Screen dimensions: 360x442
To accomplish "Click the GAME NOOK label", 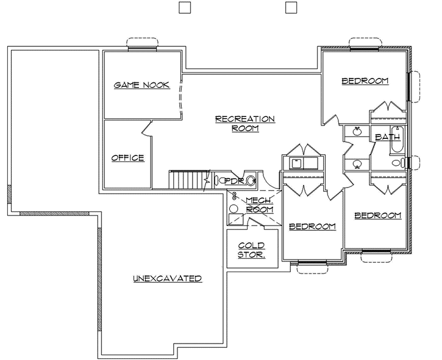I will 141,85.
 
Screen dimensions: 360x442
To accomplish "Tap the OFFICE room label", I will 127,158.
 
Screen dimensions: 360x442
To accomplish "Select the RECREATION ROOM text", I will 245,124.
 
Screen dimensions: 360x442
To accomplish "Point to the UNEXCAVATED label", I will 168,278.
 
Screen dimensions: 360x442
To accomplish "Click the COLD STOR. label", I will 251,250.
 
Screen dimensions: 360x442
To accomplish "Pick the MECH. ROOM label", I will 258,205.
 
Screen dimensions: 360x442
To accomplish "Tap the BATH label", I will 387,137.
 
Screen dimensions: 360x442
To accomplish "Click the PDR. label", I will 234,181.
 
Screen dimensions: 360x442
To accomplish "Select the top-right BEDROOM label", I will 365,81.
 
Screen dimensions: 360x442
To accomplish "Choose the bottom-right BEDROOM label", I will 378,215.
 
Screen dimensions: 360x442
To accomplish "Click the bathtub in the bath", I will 397,139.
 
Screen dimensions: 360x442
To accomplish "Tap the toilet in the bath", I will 397,163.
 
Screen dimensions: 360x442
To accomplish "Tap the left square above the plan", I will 185,7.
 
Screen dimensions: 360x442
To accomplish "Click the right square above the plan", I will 291,7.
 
